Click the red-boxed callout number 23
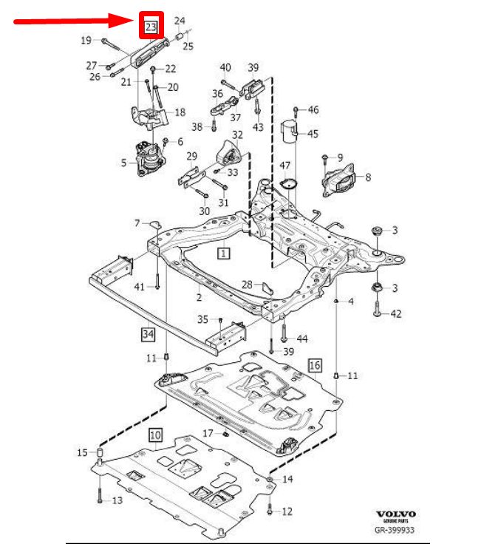click(151, 27)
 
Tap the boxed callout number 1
click(222, 253)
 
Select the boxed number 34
click(149, 335)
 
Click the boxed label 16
click(315, 365)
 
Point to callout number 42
click(396, 314)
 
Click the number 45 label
click(313, 134)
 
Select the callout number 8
click(368, 177)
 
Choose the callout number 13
click(117, 500)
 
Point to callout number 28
click(247, 284)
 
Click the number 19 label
click(86, 40)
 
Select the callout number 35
click(202, 319)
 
